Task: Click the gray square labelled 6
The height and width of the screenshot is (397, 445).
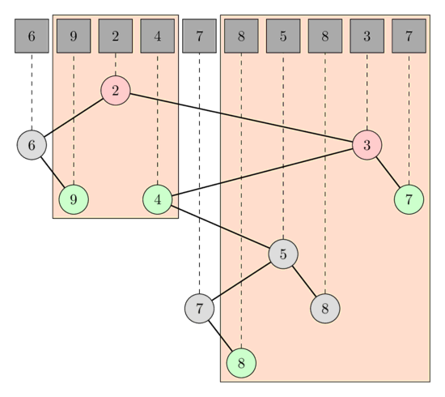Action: [32, 36]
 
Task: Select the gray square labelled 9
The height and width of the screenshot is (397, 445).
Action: [74, 36]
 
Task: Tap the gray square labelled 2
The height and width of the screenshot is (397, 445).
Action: [116, 36]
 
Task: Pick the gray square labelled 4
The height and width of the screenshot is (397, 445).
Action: [158, 36]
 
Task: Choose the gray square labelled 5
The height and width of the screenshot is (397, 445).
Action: [283, 36]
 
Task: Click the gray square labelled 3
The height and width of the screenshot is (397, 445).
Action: [367, 36]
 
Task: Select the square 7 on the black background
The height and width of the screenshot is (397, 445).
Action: [199, 36]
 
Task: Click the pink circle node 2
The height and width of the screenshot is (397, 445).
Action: [116, 90]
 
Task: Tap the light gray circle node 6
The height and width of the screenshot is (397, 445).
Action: [32, 146]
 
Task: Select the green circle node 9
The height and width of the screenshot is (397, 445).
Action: [74, 198]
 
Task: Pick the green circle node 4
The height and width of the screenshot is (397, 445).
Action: [157, 198]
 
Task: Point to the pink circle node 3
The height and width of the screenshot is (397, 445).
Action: [367, 146]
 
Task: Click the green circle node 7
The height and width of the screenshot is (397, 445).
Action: [409, 198]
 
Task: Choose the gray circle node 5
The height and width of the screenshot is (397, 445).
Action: [283, 254]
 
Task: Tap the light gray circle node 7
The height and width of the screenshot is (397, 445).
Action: [199, 308]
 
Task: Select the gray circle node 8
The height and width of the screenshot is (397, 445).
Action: [324, 308]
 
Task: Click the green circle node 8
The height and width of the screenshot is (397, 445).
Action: [241, 362]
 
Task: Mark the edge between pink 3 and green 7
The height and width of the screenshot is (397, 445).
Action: [388, 173]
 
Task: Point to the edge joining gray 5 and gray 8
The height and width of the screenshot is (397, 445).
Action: [304, 281]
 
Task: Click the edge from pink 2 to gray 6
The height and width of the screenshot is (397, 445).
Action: [77, 116]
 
